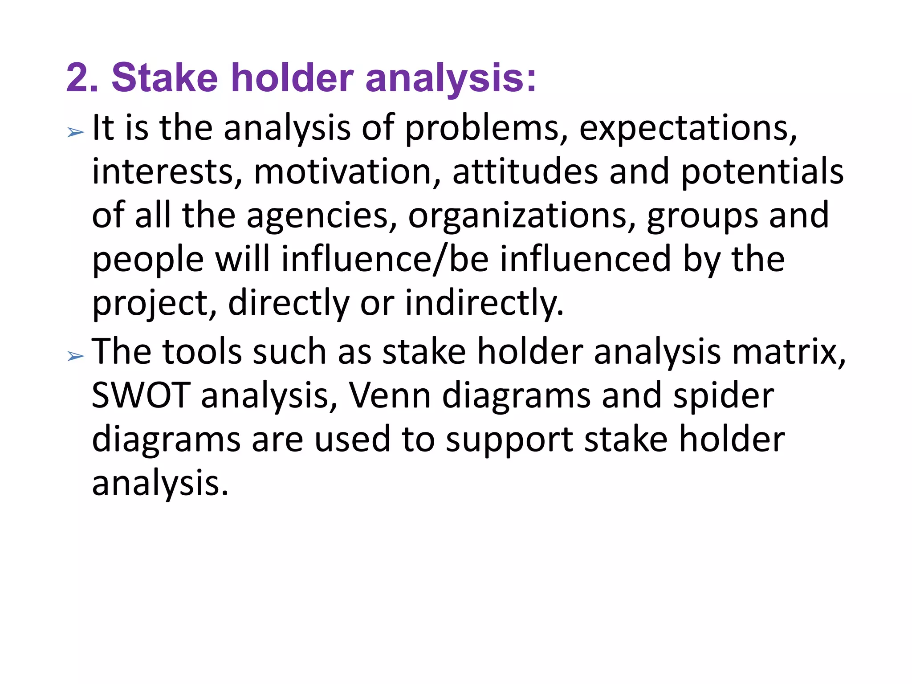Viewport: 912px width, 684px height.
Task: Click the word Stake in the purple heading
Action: (x=164, y=78)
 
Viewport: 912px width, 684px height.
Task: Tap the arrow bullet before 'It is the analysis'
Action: (x=75, y=132)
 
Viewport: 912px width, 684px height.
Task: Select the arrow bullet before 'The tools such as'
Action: (x=75, y=355)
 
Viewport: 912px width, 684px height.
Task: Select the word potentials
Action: (x=762, y=173)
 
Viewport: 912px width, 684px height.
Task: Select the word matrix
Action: (x=788, y=352)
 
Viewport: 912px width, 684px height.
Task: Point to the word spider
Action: (x=723, y=396)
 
